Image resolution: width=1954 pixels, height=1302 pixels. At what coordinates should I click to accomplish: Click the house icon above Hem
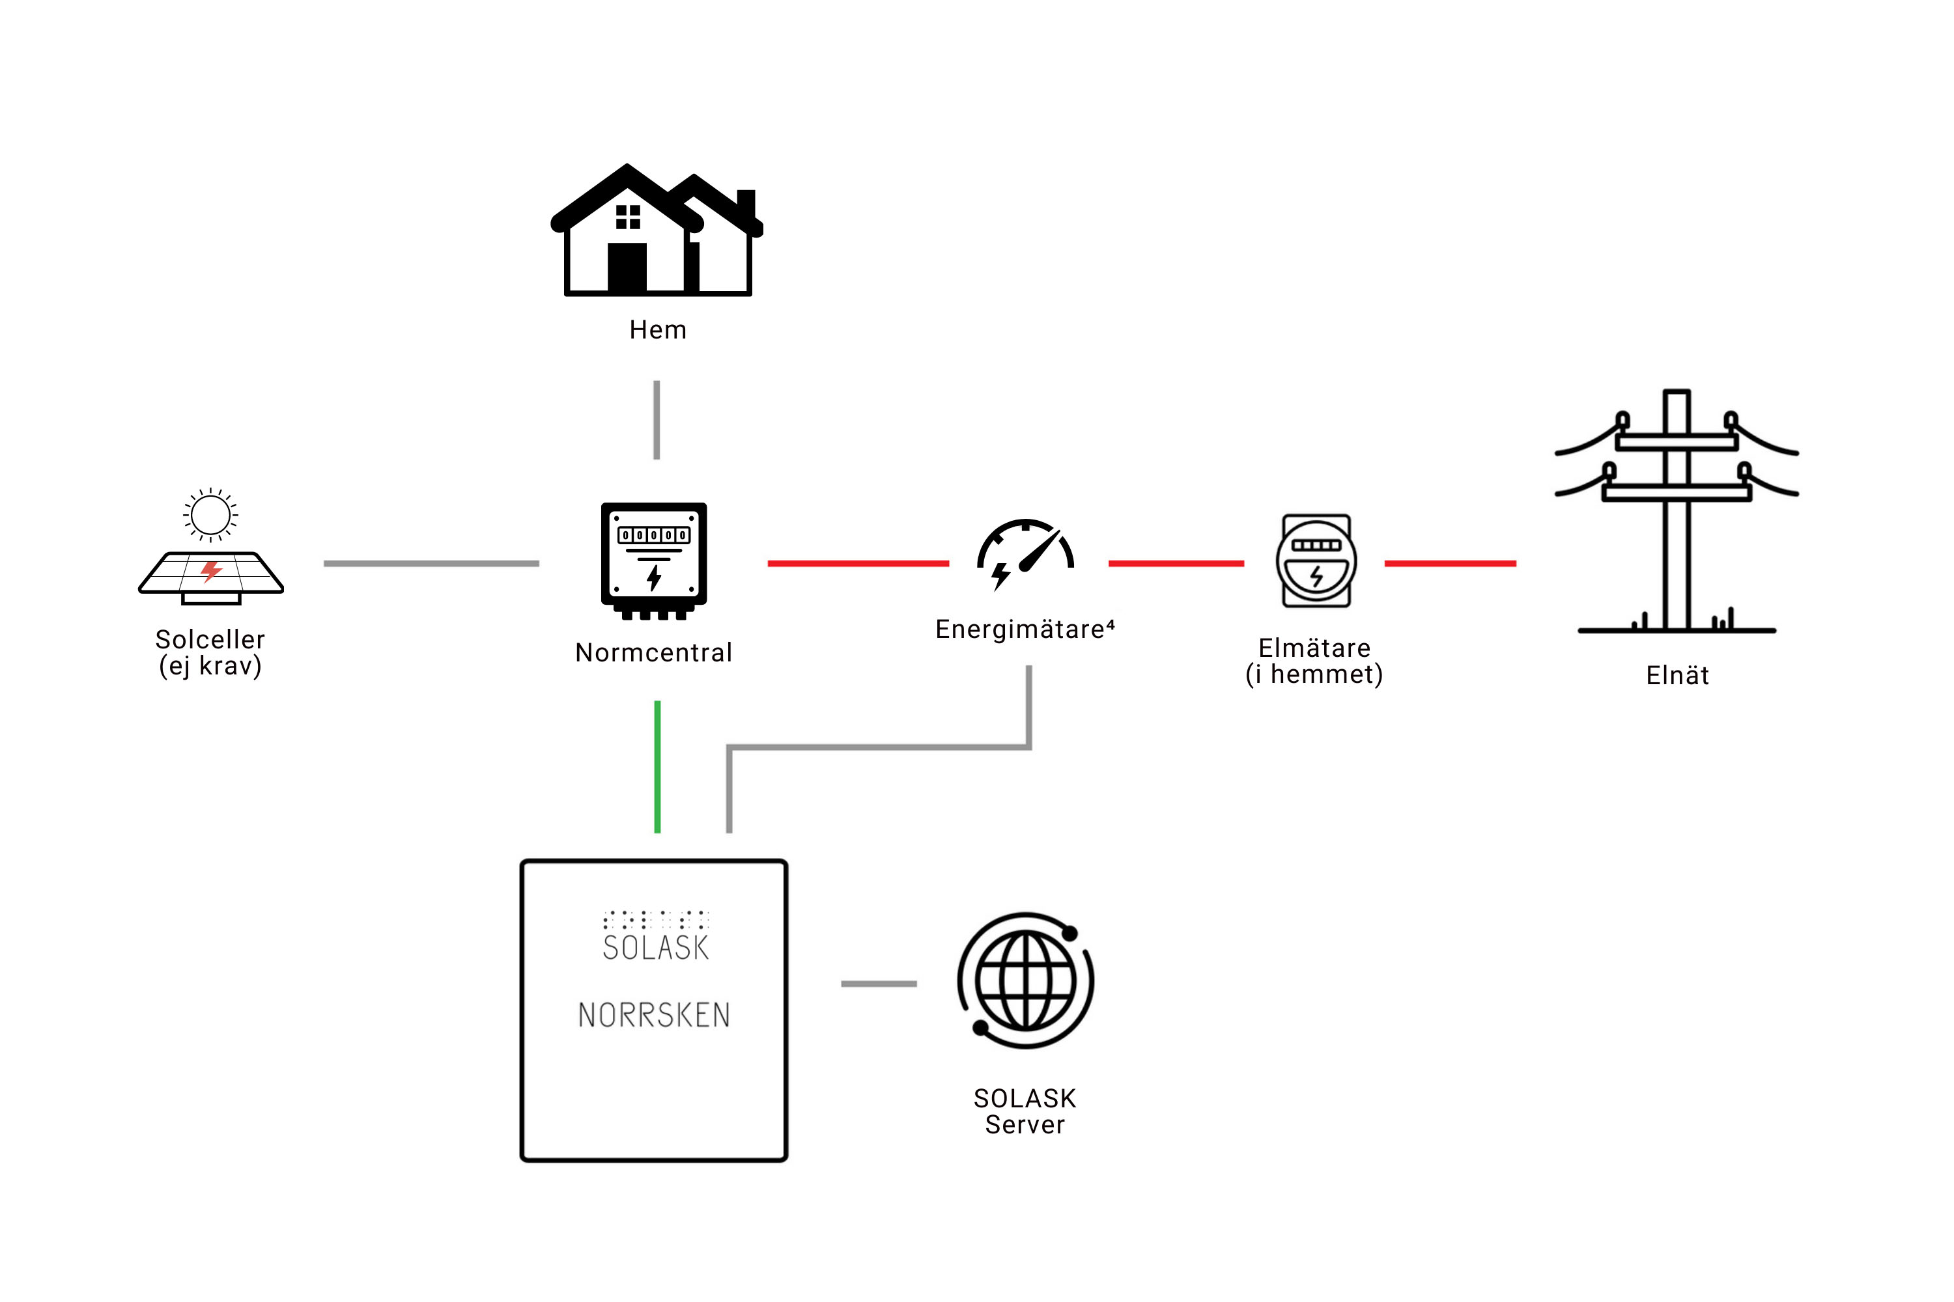[657, 230]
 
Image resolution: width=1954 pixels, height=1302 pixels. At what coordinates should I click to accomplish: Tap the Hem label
[658, 329]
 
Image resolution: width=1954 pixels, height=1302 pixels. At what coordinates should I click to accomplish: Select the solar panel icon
[211, 578]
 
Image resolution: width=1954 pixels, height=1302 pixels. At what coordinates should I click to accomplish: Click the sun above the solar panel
[210, 515]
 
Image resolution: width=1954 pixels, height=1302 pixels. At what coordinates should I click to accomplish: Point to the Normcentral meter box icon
[654, 561]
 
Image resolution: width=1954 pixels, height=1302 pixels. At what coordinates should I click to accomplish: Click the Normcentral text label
[654, 653]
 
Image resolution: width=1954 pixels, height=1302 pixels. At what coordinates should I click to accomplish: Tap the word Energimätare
[1020, 630]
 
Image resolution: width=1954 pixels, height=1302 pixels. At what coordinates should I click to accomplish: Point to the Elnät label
[1677, 675]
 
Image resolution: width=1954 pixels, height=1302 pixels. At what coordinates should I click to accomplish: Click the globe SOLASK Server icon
[1025, 980]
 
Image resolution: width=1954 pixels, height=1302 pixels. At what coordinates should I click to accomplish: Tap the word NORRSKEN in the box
[654, 1015]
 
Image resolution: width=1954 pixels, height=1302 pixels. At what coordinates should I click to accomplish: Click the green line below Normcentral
[657, 766]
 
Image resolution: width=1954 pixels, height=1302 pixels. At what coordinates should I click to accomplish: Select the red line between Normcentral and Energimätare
[858, 563]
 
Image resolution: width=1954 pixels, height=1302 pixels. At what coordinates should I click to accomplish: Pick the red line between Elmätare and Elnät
[1450, 563]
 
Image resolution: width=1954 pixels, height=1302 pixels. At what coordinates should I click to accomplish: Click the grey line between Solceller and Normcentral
[431, 563]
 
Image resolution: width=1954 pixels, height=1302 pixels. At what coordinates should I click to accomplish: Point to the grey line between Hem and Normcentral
[657, 420]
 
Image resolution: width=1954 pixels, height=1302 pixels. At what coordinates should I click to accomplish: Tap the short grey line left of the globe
[879, 983]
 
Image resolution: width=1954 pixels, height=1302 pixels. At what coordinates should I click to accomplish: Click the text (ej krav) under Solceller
[210, 666]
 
